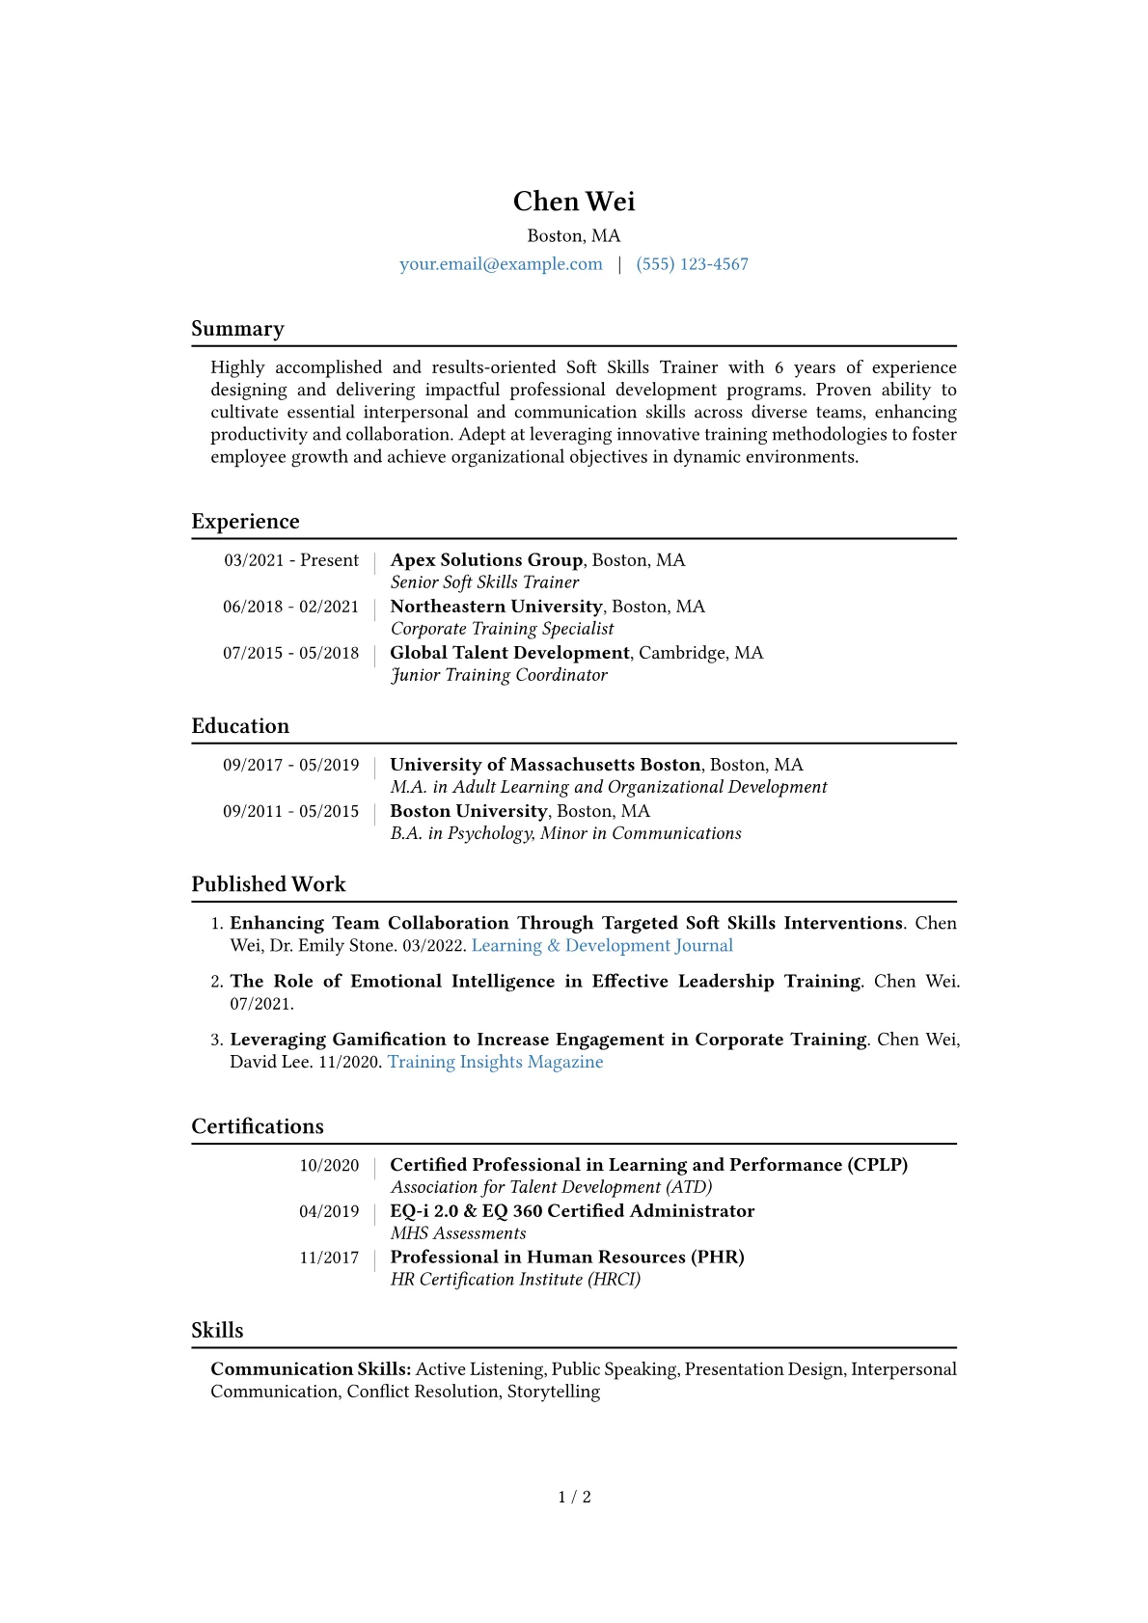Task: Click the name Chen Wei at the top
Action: [574, 202]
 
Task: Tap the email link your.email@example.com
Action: [501, 264]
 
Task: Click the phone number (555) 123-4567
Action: [692, 264]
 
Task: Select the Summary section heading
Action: [237, 329]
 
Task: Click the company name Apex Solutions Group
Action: [486, 560]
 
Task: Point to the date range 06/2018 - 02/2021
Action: [290, 607]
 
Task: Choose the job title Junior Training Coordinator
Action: [499, 675]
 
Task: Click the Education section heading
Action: [240, 726]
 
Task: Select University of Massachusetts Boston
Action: [545, 765]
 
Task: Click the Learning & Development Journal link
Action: [602, 946]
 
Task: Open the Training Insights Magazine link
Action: [495, 1062]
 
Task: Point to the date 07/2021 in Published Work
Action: [260, 1004]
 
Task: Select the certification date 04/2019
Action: [329, 1211]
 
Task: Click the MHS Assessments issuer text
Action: [458, 1233]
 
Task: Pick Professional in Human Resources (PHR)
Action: [567, 1258]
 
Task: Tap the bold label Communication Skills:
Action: [311, 1369]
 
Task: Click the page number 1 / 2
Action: [574, 1497]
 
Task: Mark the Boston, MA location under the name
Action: [574, 236]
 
